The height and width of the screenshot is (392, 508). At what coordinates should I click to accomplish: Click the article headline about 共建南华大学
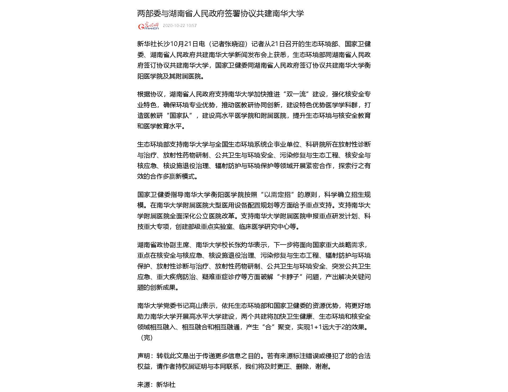point(220,13)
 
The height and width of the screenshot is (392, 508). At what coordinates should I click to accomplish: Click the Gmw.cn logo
point(148,26)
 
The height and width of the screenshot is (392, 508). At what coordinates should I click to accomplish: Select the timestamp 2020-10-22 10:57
point(180,26)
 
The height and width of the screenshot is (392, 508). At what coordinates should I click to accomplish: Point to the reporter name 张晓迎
point(234,44)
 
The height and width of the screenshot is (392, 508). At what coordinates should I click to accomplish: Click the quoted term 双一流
point(296,94)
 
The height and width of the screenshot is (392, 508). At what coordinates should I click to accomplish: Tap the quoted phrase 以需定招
point(277,195)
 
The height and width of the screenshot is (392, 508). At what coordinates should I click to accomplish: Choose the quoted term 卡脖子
point(289,277)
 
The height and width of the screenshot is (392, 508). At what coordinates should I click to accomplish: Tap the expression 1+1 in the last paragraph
point(316,327)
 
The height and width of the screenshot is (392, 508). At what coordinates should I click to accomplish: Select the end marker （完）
point(147,338)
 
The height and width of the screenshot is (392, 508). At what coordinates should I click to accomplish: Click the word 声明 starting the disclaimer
point(143,356)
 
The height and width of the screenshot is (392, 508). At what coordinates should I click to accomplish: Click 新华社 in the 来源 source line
point(166,385)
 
